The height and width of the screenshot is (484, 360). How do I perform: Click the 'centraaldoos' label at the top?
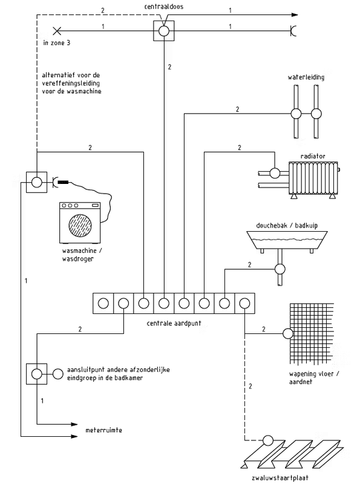tap(163, 7)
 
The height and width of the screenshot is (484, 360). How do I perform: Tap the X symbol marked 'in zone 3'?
tap(57, 31)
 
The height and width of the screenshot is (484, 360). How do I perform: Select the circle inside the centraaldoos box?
tap(163, 31)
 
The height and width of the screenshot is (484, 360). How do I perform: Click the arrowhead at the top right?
tap(295, 15)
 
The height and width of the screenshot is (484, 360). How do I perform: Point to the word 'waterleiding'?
tap(306, 77)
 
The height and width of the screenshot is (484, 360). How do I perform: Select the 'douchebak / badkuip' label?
tap(287, 225)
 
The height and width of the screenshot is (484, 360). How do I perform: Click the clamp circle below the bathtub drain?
tap(280, 269)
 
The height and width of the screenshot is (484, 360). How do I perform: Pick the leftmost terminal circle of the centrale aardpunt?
tap(103, 304)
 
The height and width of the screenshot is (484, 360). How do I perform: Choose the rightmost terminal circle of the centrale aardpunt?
tap(244, 304)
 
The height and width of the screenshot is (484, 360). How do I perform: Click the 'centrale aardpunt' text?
tap(174, 323)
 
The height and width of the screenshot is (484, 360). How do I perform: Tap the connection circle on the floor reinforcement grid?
tap(288, 333)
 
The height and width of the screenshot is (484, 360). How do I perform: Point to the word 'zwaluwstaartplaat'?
tap(280, 478)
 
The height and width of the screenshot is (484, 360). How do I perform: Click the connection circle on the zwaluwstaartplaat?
tap(268, 440)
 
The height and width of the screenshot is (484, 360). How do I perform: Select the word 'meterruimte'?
tap(103, 430)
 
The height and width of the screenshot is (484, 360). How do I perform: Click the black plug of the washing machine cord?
tap(64, 183)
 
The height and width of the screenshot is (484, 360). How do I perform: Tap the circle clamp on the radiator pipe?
tap(275, 173)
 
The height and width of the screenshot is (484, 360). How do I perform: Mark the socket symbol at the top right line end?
tap(293, 31)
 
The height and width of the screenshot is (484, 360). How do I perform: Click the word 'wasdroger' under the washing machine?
tap(77, 259)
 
